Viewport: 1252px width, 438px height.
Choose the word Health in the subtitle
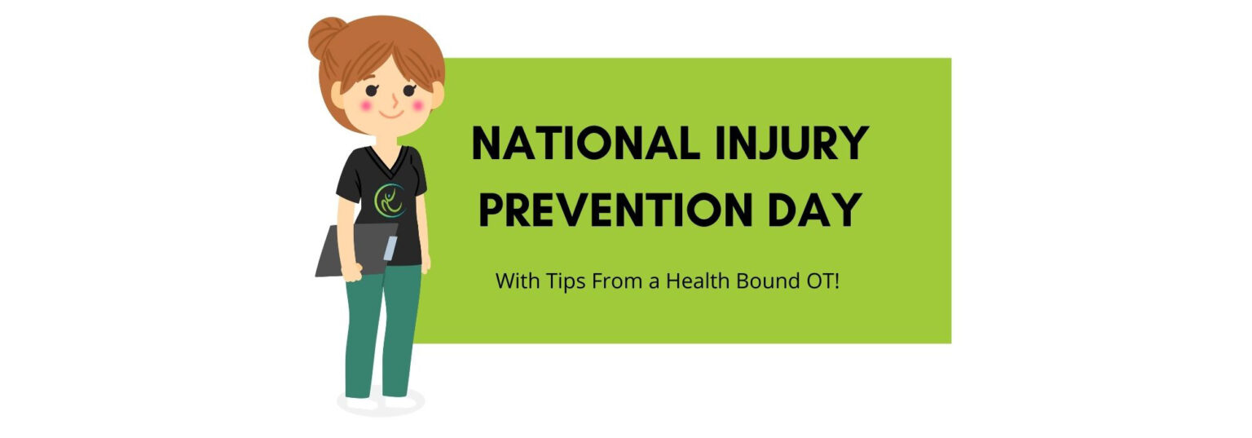click(692, 282)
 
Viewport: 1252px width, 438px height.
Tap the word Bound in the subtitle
click(755, 282)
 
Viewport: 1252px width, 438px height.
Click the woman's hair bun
click(327, 37)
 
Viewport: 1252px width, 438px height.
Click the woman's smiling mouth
click(391, 113)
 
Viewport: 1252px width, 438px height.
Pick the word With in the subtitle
click(514, 282)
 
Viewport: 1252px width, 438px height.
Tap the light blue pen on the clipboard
click(390, 248)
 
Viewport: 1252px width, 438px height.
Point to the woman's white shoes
click(380, 401)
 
